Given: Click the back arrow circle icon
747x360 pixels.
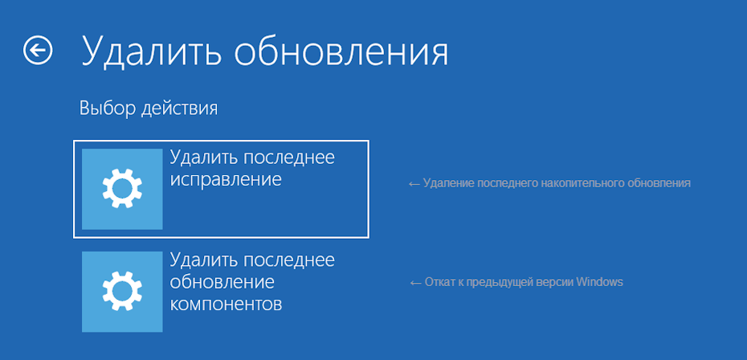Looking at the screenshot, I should point(38,51).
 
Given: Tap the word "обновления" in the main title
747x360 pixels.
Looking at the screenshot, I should point(341,51).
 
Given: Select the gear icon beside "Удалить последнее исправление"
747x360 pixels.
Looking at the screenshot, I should point(122,189).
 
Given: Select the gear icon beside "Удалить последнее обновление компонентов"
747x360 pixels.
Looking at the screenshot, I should point(122,291).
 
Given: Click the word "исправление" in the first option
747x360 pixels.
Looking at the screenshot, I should point(226,179).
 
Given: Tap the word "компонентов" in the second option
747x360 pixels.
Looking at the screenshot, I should point(226,305).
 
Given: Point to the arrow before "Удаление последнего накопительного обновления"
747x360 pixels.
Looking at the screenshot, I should point(414,183).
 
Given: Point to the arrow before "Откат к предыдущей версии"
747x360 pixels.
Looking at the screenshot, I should point(415,282).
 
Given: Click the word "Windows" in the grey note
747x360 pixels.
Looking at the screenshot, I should point(600,282).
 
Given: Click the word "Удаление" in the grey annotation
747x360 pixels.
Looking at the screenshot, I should point(447,183).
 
